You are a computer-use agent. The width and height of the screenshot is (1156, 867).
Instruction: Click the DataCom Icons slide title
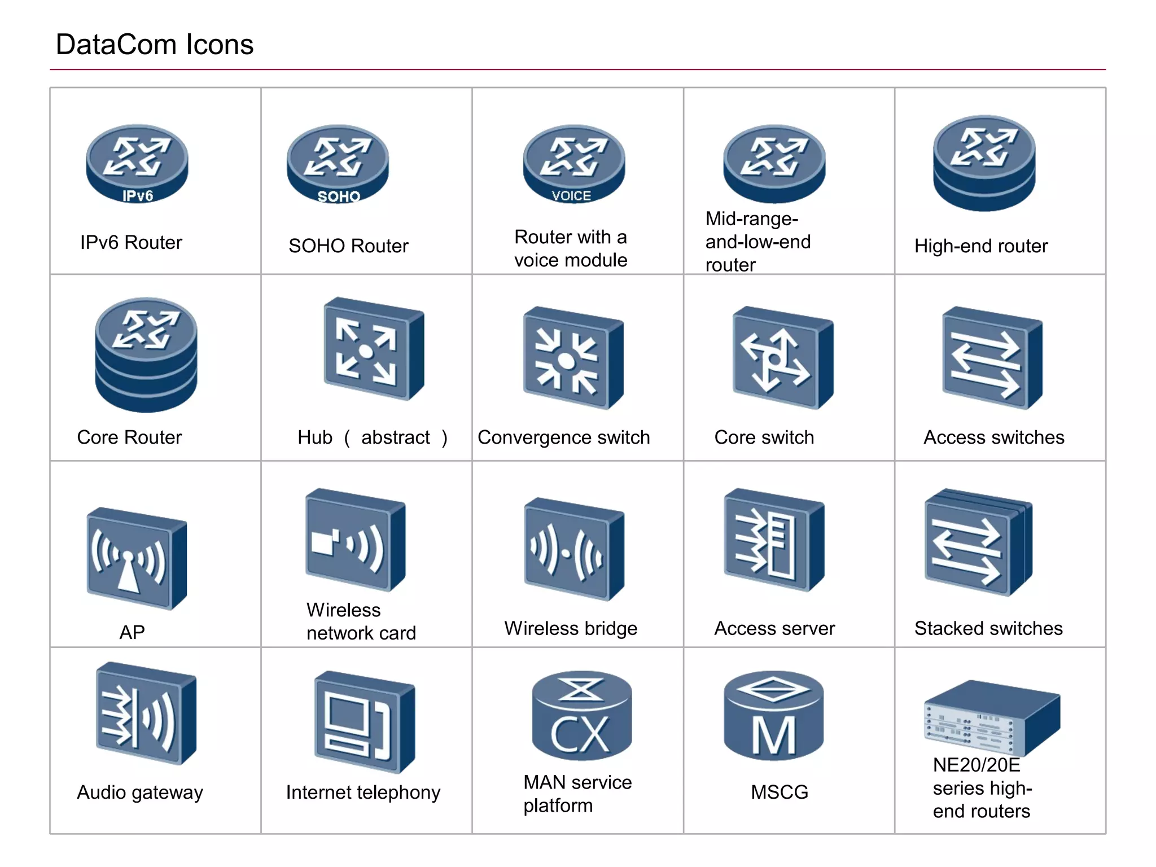[155, 45]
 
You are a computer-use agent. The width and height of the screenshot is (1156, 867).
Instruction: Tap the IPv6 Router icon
[137, 163]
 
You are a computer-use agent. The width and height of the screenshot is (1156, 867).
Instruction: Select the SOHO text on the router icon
[339, 196]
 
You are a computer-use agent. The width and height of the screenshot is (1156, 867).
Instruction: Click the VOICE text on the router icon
[571, 196]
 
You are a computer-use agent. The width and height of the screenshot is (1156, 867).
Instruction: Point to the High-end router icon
[984, 163]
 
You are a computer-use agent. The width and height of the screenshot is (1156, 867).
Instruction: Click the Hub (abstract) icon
[373, 349]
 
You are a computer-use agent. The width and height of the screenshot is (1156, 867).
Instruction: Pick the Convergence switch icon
[573, 358]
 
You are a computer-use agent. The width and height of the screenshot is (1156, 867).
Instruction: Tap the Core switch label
[764, 437]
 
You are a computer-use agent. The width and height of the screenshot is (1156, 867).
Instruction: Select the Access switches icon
[992, 358]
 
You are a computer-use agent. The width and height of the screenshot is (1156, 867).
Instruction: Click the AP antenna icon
[136, 559]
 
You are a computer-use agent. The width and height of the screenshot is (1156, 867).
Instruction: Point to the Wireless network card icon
[355, 540]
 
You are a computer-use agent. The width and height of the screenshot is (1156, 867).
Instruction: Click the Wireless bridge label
[571, 628]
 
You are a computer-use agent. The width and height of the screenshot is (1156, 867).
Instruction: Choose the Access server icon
[773, 540]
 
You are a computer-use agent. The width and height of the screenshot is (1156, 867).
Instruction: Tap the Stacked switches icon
[978, 542]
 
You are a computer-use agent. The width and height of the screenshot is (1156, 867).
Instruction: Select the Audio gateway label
[140, 792]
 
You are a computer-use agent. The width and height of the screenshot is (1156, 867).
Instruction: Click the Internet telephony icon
[364, 722]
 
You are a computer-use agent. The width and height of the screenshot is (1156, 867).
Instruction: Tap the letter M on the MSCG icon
[774, 735]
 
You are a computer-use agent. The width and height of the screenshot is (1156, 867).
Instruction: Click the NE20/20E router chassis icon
[992, 717]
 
